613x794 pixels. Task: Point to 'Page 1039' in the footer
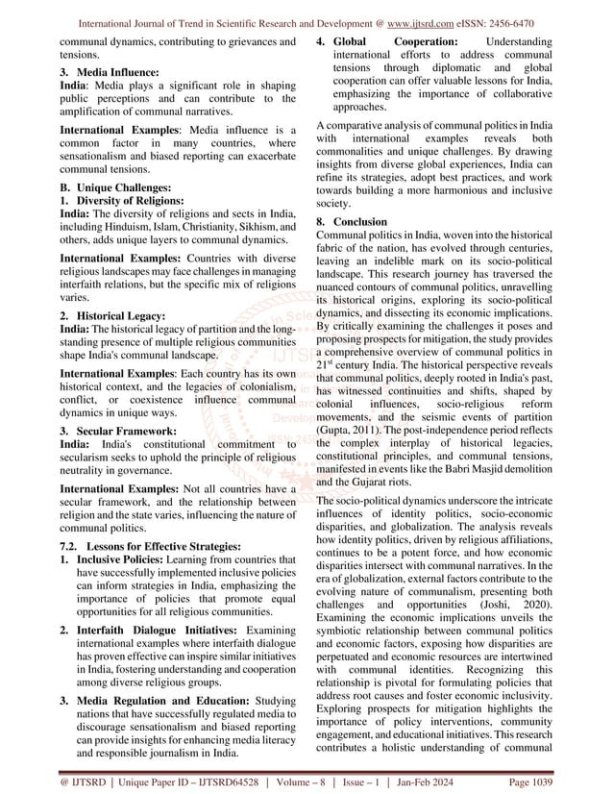[x=555, y=781]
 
